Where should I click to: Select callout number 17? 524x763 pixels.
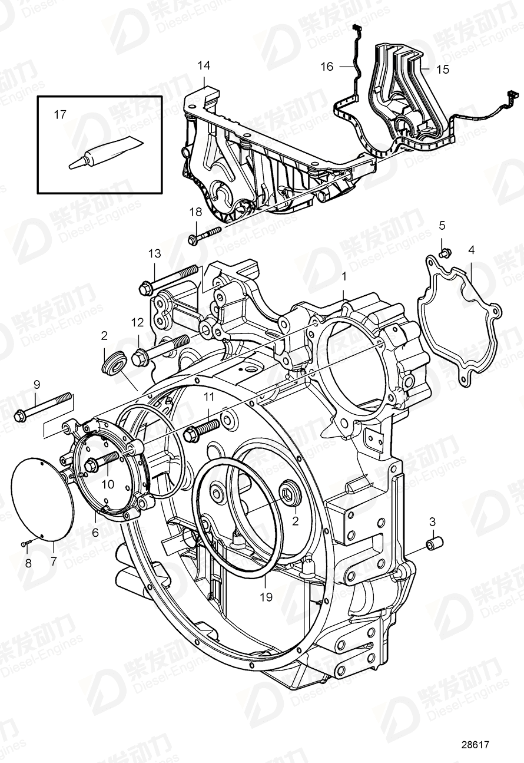[60, 115]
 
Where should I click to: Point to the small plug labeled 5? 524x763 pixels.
[445, 253]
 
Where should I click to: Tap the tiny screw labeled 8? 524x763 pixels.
[25, 544]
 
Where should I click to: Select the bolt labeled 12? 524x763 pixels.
[160, 349]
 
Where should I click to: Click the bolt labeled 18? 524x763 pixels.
[204, 235]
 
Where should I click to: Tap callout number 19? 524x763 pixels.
[266, 597]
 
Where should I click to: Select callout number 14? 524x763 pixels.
[204, 65]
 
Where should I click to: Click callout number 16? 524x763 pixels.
[327, 67]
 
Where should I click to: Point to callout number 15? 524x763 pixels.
[442, 69]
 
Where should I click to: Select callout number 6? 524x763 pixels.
[96, 531]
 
